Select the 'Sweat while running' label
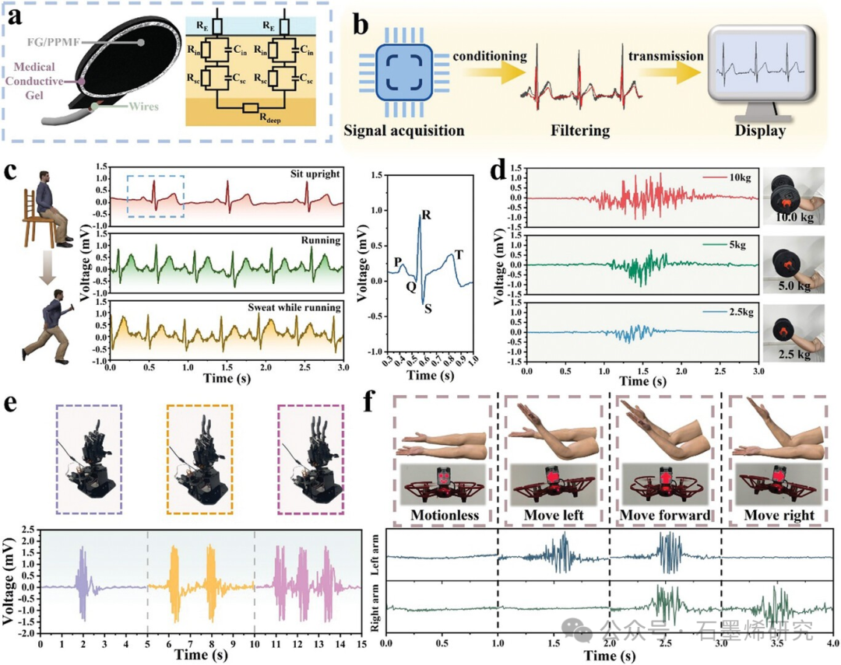pos(301,308)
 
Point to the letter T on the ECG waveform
pos(459,254)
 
